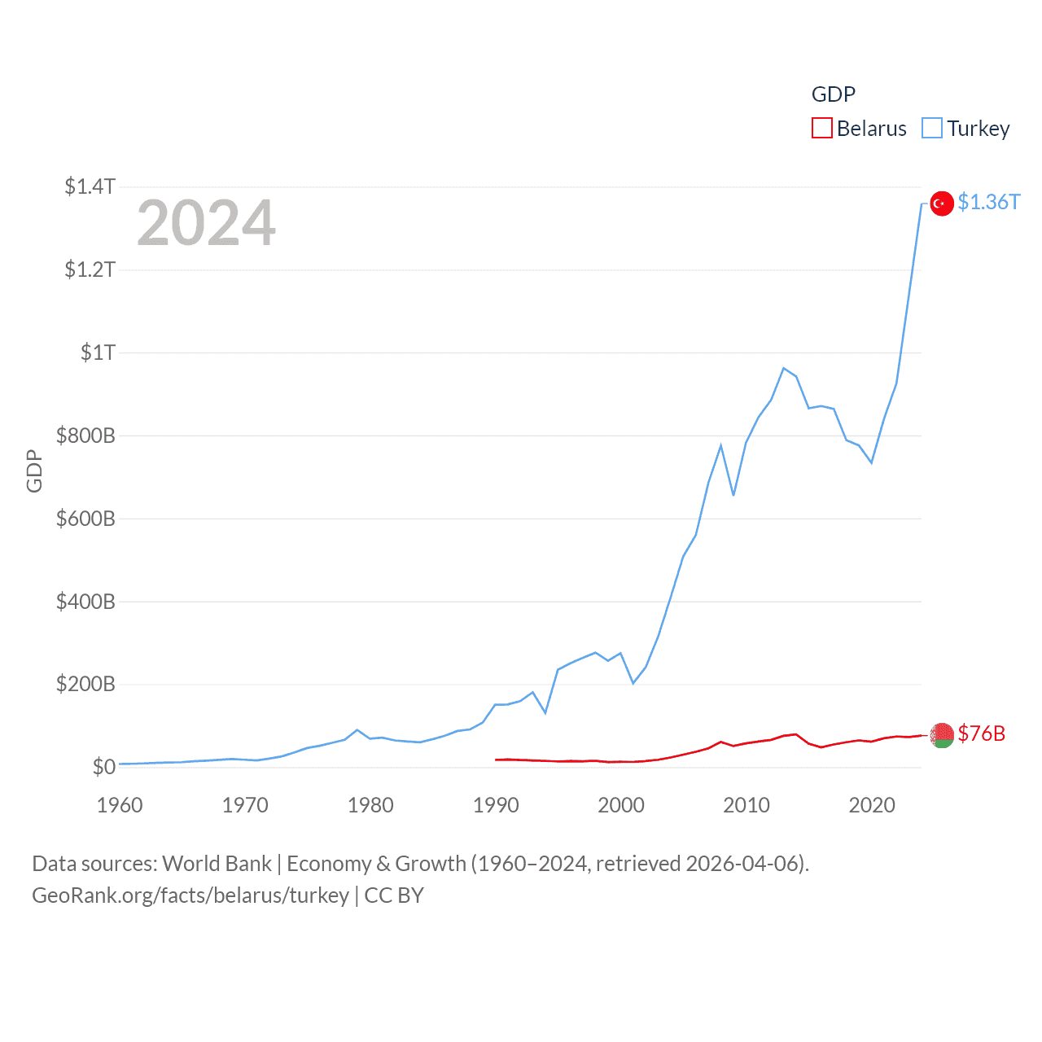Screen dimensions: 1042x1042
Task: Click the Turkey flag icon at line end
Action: click(942, 204)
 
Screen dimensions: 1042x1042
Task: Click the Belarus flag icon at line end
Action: click(942, 735)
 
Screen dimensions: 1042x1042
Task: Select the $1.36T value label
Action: click(988, 202)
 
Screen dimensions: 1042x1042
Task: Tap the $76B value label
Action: click(981, 733)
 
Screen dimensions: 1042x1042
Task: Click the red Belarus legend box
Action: click(822, 129)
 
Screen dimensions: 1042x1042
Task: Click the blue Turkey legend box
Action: click(932, 129)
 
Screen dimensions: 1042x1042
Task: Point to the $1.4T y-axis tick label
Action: click(90, 186)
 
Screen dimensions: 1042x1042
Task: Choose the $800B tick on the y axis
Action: click(85, 436)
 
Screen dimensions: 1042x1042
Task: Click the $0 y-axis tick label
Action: click(103, 767)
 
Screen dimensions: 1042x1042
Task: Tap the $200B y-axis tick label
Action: click(85, 684)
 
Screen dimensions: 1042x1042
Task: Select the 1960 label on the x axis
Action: click(120, 805)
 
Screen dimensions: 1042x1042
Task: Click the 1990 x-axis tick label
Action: click(496, 805)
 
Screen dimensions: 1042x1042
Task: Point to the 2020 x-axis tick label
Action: click(872, 805)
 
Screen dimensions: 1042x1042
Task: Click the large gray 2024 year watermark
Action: click(206, 223)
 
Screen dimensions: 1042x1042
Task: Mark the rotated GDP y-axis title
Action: click(34, 471)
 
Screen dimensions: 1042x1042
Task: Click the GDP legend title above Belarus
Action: click(834, 94)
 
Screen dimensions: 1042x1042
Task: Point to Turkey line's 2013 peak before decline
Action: click(783, 368)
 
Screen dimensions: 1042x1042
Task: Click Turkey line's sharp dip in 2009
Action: click(733, 495)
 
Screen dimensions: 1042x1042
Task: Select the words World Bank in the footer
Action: click(217, 863)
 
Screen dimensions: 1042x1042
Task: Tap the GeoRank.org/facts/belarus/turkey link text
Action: click(190, 895)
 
